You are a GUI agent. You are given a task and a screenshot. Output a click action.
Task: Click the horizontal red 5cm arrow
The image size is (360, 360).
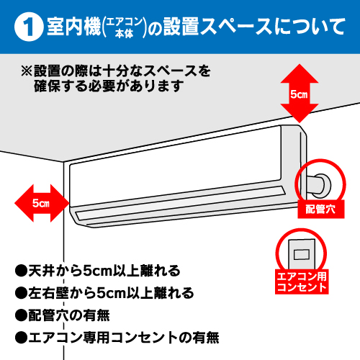pyautogui.click(x=40, y=203)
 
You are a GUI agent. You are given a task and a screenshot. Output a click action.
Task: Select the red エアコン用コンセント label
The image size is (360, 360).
pyautogui.click(x=302, y=281)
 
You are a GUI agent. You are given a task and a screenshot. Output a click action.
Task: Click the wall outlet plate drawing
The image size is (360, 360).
pyautogui.click(x=301, y=252)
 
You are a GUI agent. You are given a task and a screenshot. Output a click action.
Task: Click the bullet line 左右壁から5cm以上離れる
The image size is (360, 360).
pyautogui.click(x=104, y=293)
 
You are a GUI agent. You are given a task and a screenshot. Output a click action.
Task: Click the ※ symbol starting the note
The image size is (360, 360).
pyautogui.click(x=27, y=71)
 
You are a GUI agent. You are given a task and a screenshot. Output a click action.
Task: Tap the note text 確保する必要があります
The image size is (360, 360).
pyautogui.click(x=108, y=86)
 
